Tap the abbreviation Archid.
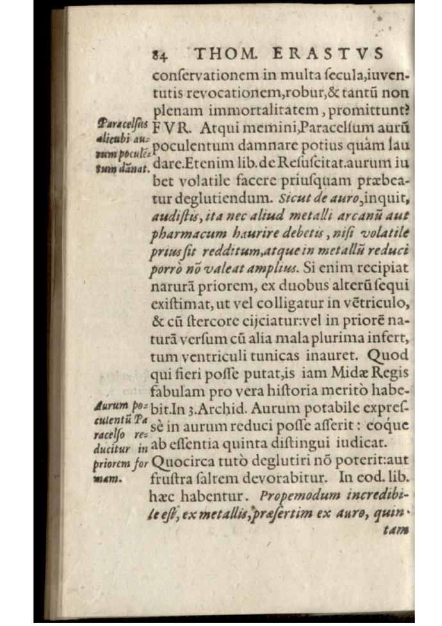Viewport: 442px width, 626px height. (x=240, y=408)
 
